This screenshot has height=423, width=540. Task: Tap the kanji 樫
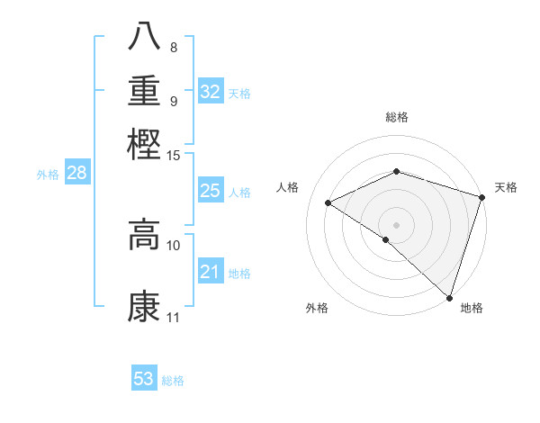point(144,143)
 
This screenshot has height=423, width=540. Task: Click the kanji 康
point(144,306)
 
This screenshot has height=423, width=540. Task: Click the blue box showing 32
point(211,91)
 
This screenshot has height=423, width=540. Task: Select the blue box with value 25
point(210,191)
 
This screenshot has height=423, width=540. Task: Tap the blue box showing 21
point(210,272)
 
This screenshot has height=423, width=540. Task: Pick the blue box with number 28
point(76,173)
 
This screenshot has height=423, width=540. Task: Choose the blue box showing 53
point(144,379)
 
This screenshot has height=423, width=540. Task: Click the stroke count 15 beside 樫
point(174,156)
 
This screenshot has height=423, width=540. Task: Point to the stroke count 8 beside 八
point(174,47)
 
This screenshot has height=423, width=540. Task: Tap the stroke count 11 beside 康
point(174,318)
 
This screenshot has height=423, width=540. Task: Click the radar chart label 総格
point(396,117)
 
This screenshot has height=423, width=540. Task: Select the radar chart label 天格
point(506,187)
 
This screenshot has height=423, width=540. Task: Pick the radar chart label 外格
point(316,309)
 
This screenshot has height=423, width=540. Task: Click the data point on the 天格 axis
point(482,196)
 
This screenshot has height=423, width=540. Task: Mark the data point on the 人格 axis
point(328,202)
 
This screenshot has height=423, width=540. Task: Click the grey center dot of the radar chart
point(396,224)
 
